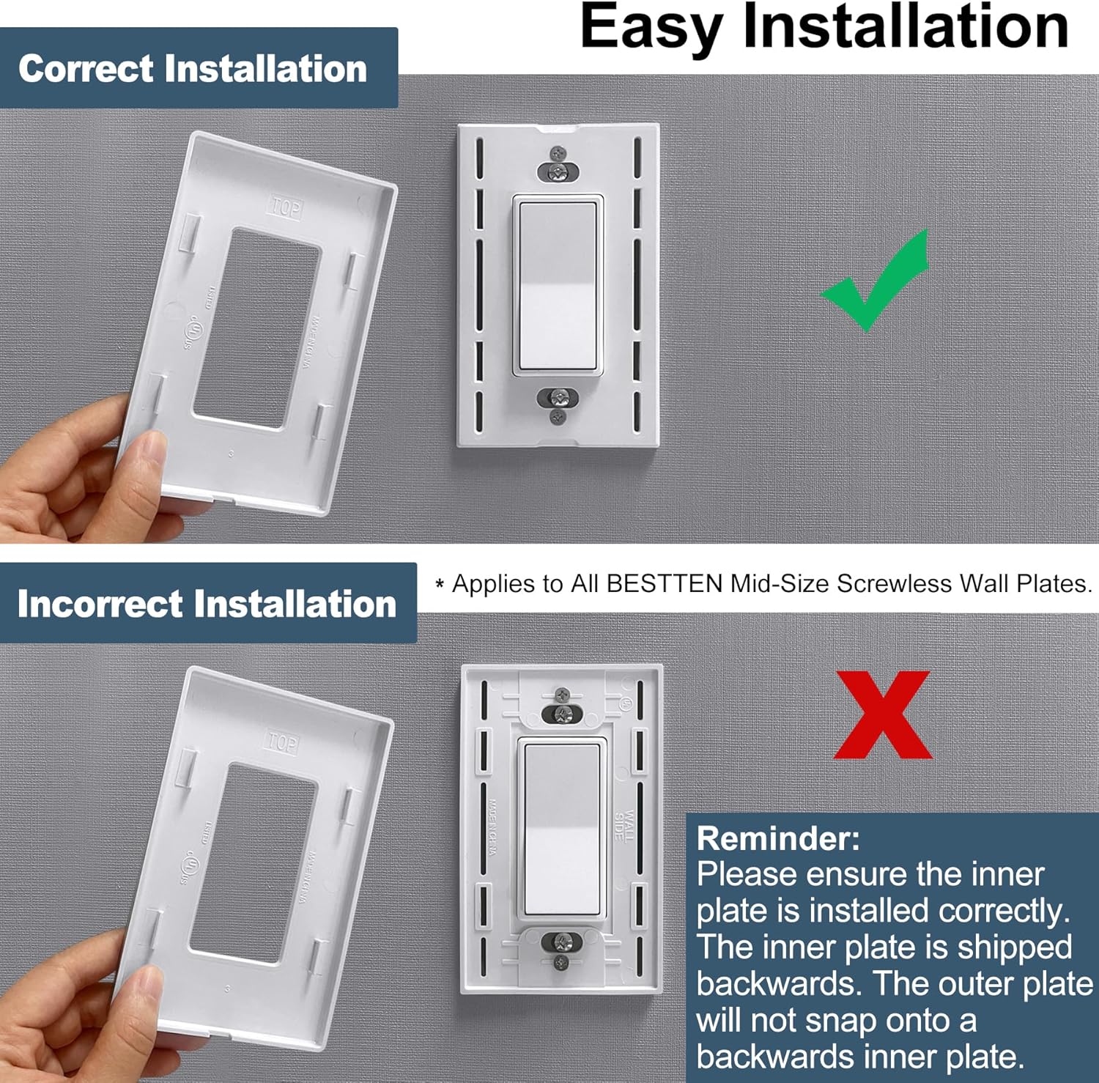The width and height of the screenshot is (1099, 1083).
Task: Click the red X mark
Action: (x=883, y=714)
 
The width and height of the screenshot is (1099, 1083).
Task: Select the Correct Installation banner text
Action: (x=193, y=69)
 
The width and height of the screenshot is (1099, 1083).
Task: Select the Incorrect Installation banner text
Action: (x=207, y=604)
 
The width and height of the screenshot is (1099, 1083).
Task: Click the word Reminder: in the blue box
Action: (x=778, y=838)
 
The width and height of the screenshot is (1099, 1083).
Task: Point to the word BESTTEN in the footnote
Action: (x=665, y=583)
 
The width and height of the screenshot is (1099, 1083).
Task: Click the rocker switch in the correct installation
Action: (x=558, y=286)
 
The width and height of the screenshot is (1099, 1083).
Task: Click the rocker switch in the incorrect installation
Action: (x=562, y=828)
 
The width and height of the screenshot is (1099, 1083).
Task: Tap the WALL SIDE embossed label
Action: (x=624, y=825)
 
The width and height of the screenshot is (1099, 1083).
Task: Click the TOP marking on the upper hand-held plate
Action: (x=286, y=207)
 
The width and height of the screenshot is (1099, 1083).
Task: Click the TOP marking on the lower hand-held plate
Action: (x=281, y=742)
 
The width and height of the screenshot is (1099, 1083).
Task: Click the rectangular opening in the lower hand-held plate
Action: (x=253, y=865)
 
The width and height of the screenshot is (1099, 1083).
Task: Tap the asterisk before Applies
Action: (x=440, y=585)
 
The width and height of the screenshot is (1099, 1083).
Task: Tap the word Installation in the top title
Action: (x=906, y=28)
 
